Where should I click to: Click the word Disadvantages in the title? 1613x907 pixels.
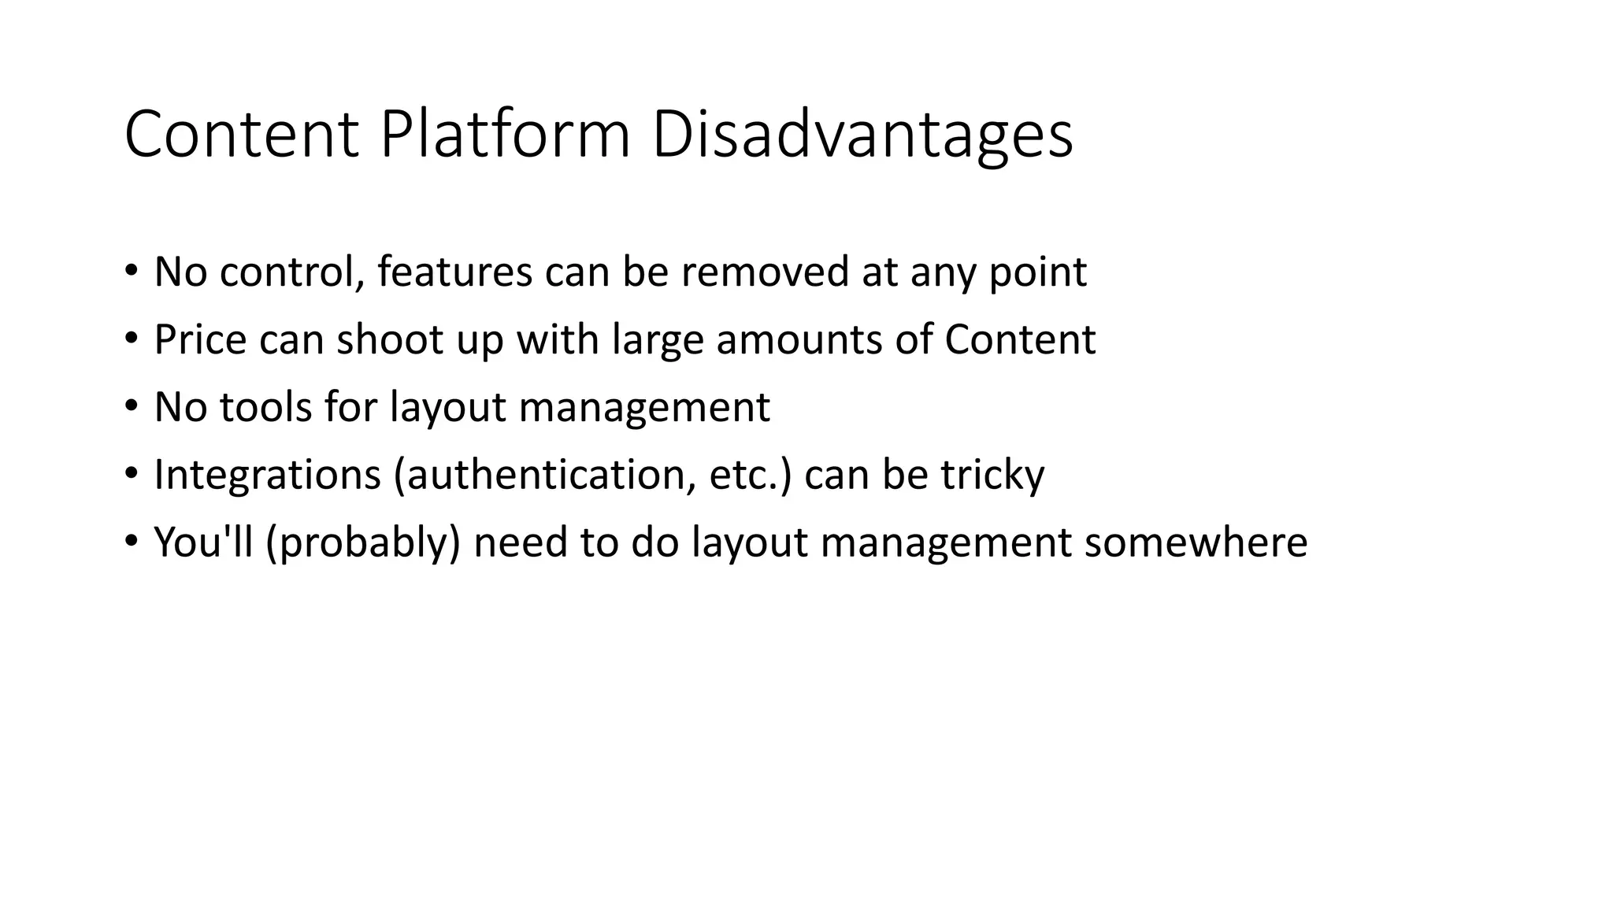coord(862,135)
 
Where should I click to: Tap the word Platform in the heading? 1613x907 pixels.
coord(504,135)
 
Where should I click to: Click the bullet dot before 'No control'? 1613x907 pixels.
coord(131,272)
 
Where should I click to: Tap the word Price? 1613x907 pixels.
coord(200,339)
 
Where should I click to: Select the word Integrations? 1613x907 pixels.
coord(267,476)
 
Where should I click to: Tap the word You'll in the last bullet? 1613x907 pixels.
coord(203,542)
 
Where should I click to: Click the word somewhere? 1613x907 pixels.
coord(1195,542)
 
